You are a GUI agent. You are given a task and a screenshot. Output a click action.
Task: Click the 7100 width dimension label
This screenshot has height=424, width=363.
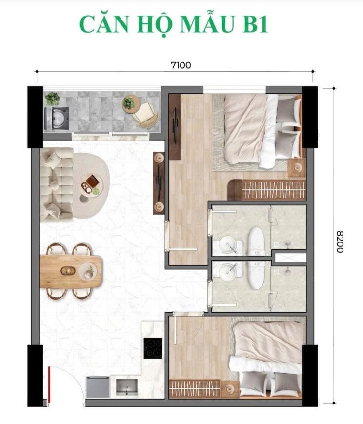pyautogui.click(x=181, y=65)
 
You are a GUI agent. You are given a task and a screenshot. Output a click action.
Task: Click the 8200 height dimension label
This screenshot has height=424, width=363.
pyautogui.click(x=340, y=242)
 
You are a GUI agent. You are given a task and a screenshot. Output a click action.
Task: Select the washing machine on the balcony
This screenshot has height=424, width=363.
pyautogui.click(x=57, y=119)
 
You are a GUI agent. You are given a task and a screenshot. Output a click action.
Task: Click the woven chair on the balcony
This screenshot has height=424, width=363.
pyautogui.click(x=145, y=115)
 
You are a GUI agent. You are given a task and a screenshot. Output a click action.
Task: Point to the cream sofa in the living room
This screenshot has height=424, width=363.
pyautogui.click(x=56, y=183)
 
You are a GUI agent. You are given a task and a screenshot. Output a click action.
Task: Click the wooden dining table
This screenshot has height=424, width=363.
pyautogui.click(x=71, y=271)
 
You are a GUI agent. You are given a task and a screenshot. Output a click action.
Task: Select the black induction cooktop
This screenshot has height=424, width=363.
pyautogui.click(x=153, y=348)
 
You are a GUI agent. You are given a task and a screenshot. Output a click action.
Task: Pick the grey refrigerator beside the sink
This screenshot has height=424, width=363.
pyautogui.click(x=98, y=387)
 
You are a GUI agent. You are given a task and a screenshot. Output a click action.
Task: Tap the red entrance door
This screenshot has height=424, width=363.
pyautogui.click(x=49, y=384)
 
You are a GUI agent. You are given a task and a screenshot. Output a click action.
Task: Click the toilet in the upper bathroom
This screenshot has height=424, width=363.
pyautogui.click(x=256, y=242)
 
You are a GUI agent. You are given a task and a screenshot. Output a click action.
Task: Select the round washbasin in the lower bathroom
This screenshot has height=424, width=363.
pyautogui.click(x=227, y=272)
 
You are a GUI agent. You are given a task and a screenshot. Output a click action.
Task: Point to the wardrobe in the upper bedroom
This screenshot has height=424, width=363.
pyautogui.click(x=267, y=189)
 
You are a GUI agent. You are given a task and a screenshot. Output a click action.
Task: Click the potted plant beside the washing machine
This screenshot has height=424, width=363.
pyautogui.click(x=52, y=99)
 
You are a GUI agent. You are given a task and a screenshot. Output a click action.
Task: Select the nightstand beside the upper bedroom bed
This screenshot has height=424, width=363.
pyautogui.click(x=297, y=168)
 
